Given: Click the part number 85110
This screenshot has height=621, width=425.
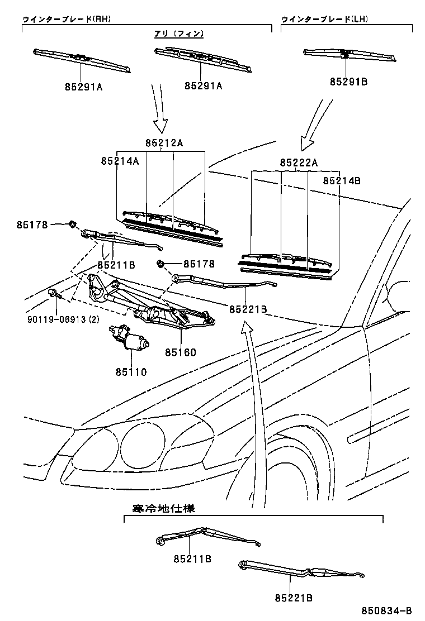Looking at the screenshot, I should pos(131,371).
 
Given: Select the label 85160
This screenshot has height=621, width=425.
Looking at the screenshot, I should pos(181,352).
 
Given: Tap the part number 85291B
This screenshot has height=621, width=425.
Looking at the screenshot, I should pos(348,82).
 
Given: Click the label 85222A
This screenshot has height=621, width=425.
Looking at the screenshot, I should pos(299,163).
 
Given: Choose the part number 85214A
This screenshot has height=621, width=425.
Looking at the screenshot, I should pos(120,161).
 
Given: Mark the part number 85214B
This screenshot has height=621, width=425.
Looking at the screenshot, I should pos(342,181).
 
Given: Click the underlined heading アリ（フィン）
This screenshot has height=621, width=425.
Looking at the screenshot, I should pos(179,34).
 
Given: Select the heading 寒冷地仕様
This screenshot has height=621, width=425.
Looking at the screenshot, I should pos(163,508).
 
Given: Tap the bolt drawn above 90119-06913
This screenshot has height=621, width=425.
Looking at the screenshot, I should pos(52,292).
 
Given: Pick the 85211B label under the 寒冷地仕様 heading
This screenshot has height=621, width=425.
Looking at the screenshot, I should pos(192,558).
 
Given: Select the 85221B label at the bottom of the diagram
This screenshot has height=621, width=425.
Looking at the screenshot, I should pos(293,598).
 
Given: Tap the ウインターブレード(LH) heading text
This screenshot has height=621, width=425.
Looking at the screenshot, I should pos(324,19).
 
